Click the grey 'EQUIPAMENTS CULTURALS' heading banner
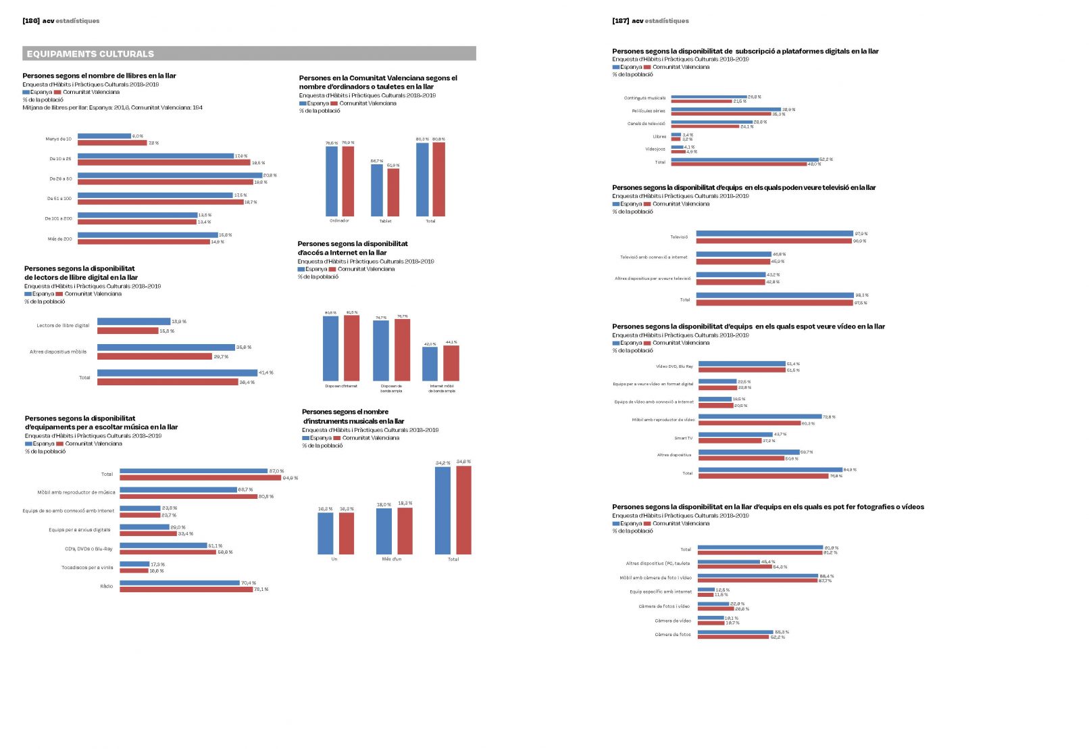pyautogui.click(x=249, y=53)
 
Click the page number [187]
pyautogui.click(x=620, y=21)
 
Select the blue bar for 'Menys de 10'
pyautogui.click(x=104, y=136)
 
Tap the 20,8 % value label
pyautogui.click(x=270, y=175)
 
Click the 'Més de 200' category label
pyautogui.click(x=59, y=239)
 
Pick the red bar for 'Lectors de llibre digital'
pyautogui.click(x=128, y=331)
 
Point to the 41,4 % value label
pyautogui.click(x=266, y=372)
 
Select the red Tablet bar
pyautogui.click(x=393, y=192)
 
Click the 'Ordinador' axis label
pyautogui.click(x=339, y=221)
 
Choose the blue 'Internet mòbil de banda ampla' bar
pyautogui.click(x=430, y=364)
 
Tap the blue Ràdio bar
pyautogui.click(x=180, y=583)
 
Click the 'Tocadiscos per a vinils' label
pyautogui.click(x=87, y=567)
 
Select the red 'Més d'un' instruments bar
pyautogui.click(x=405, y=531)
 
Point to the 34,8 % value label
pyautogui.click(x=463, y=462)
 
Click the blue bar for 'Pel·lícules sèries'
pyautogui.click(x=726, y=109)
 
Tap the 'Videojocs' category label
pyautogui.click(x=655, y=149)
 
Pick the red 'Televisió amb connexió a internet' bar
pyautogui.click(x=733, y=262)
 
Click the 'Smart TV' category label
pyautogui.click(x=683, y=438)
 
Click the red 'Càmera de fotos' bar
pyautogui.click(x=734, y=637)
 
